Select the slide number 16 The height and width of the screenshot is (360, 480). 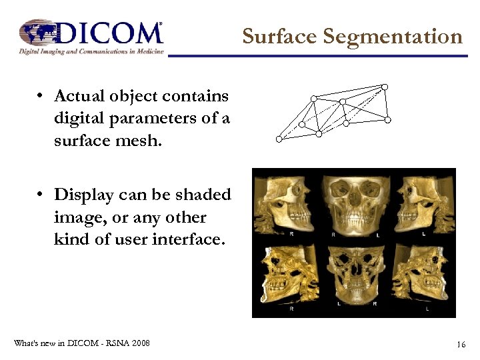[x=461, y=344]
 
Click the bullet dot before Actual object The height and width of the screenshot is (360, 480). [x=41, y=97]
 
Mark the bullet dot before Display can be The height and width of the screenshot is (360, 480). [x=41, y=195]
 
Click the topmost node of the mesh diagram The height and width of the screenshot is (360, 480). [x=384, y=86]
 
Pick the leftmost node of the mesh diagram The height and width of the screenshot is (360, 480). [x=279, y=139]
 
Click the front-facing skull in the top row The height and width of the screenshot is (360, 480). [x=353, y=203]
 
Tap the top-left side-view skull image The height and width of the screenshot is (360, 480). [x=285, y=203]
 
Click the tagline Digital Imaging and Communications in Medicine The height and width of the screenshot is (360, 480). [x=91, y=51]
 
